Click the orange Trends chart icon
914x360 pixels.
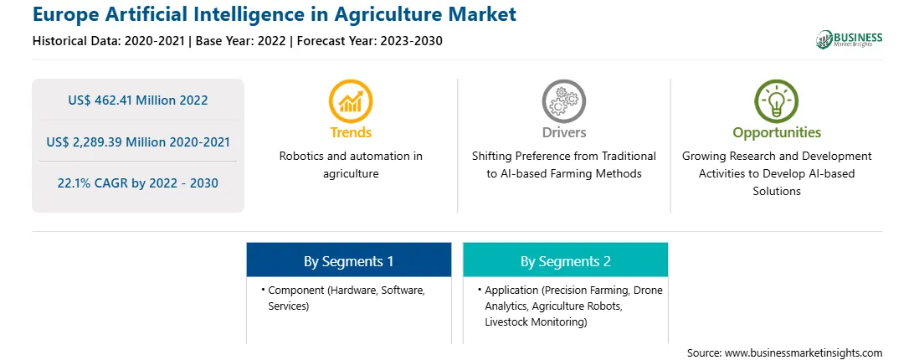(351, 102)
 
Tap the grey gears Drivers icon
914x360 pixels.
(563, 102)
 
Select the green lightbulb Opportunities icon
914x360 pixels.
(777, 102)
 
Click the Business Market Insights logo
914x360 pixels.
(849, 39)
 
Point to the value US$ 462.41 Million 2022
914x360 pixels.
(137, 100)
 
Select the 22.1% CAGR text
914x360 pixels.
(87, 183)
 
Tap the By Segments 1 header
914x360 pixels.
(348, 261)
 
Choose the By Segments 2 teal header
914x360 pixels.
(566, 261)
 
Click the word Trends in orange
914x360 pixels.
(351, 132)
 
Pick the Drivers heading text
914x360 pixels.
(563, 132)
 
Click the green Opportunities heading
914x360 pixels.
(777, 133)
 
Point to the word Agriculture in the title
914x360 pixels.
(389, 14)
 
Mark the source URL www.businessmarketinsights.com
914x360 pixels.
(804, 352)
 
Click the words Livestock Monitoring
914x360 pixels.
(535, 321)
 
